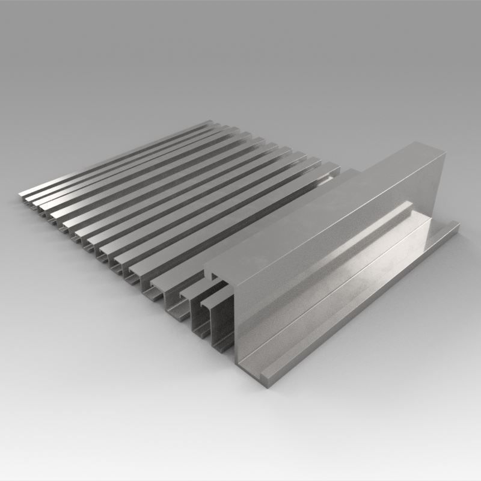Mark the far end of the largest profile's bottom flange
pyautogui.click(x=454, y=226)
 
